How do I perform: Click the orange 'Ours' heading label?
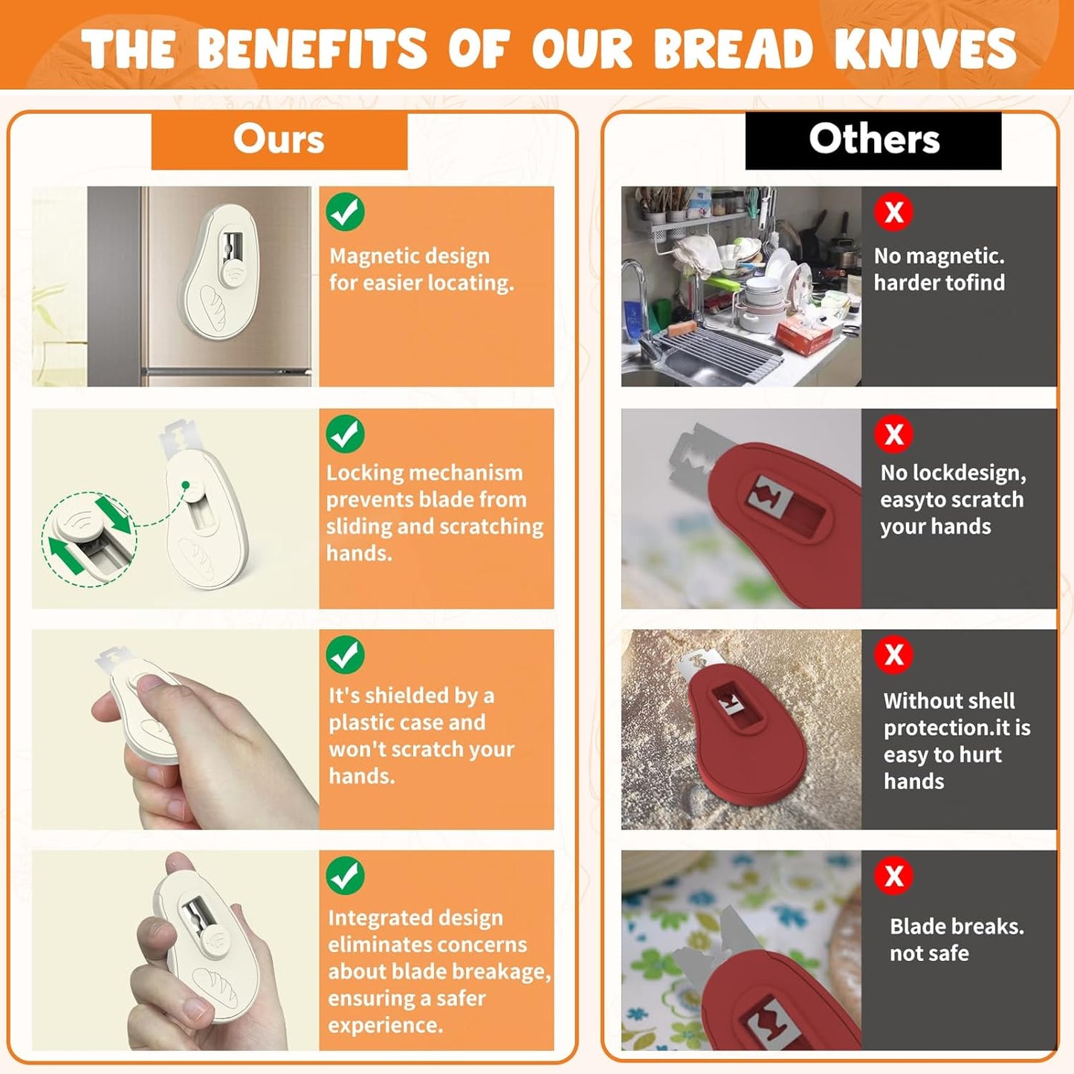pos(279,140)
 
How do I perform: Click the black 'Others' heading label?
pos(873,140)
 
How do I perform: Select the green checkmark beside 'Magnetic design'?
pos(345,212)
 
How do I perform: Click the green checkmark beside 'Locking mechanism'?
pos(345,434)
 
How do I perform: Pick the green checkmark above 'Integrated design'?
pos(345,876)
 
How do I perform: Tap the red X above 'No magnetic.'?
pos(893,212)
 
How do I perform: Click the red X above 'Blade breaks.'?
pos(893,876)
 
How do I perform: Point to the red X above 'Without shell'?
pos(893,655)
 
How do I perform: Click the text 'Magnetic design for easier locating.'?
pos(421,269)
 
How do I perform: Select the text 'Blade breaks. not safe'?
pos(957,939)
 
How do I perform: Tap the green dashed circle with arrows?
pos(89,539)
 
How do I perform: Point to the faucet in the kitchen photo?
pos(635,290)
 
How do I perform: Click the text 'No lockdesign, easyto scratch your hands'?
pos(952,499)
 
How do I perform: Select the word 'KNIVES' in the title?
pos(925,49)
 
